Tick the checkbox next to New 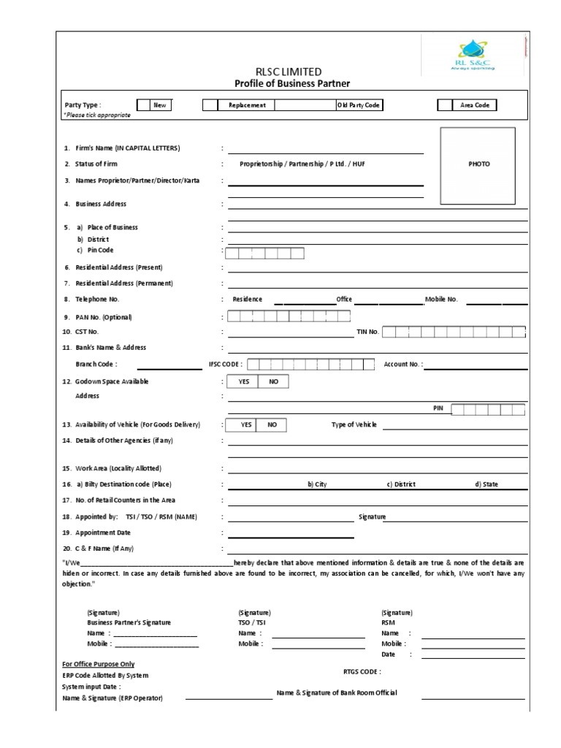[x=144, y=105]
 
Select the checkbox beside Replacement [x=210, y=105]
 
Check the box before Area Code [x=444, y=105]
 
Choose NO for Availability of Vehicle [x=272, y=425]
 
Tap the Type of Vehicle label [x=354, y=425]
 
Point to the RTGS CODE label [x=362, y=671]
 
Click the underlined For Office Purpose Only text [x=99, y=664]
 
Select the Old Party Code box [x=359, y=105]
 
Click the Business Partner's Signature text [x=129, y=622]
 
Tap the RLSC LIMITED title [x=287, y=71]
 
